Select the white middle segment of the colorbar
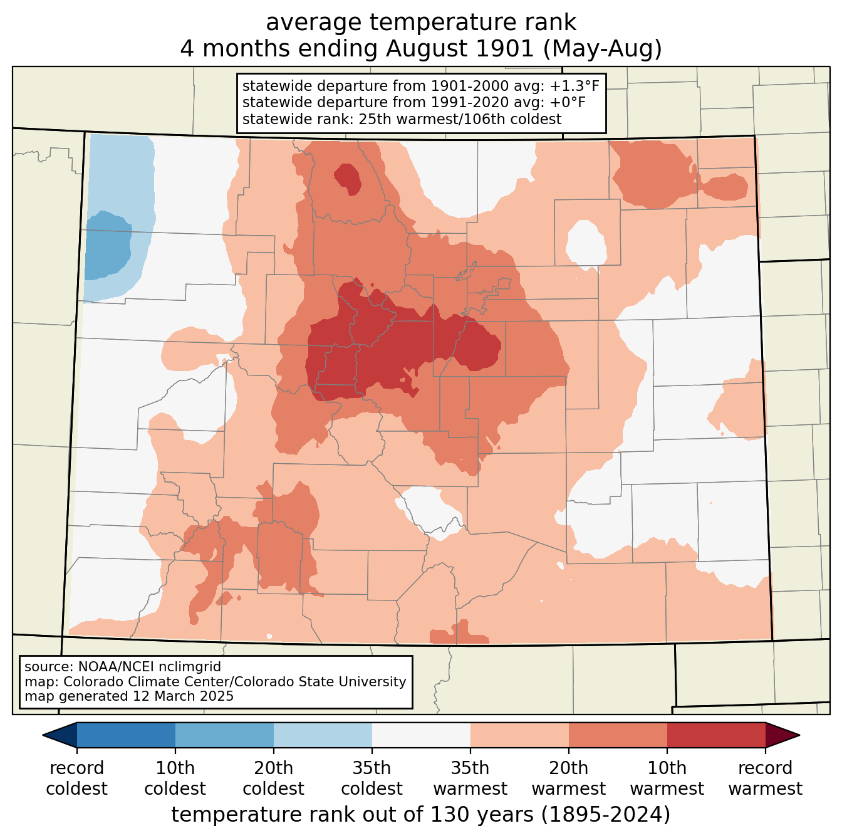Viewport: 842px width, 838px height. tap(421, 735)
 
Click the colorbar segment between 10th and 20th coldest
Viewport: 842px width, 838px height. tap(224, 735)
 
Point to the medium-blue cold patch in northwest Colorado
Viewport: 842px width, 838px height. tap(107, 246)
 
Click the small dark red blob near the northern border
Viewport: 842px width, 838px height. tap(348, 179)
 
